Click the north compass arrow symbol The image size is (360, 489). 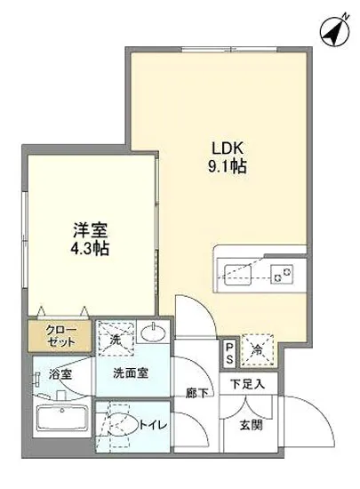coord(335,32)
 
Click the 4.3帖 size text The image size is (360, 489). coord(88,250)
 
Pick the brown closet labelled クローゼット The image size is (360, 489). coord(55,335)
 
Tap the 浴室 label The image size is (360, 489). coord(60,374)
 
